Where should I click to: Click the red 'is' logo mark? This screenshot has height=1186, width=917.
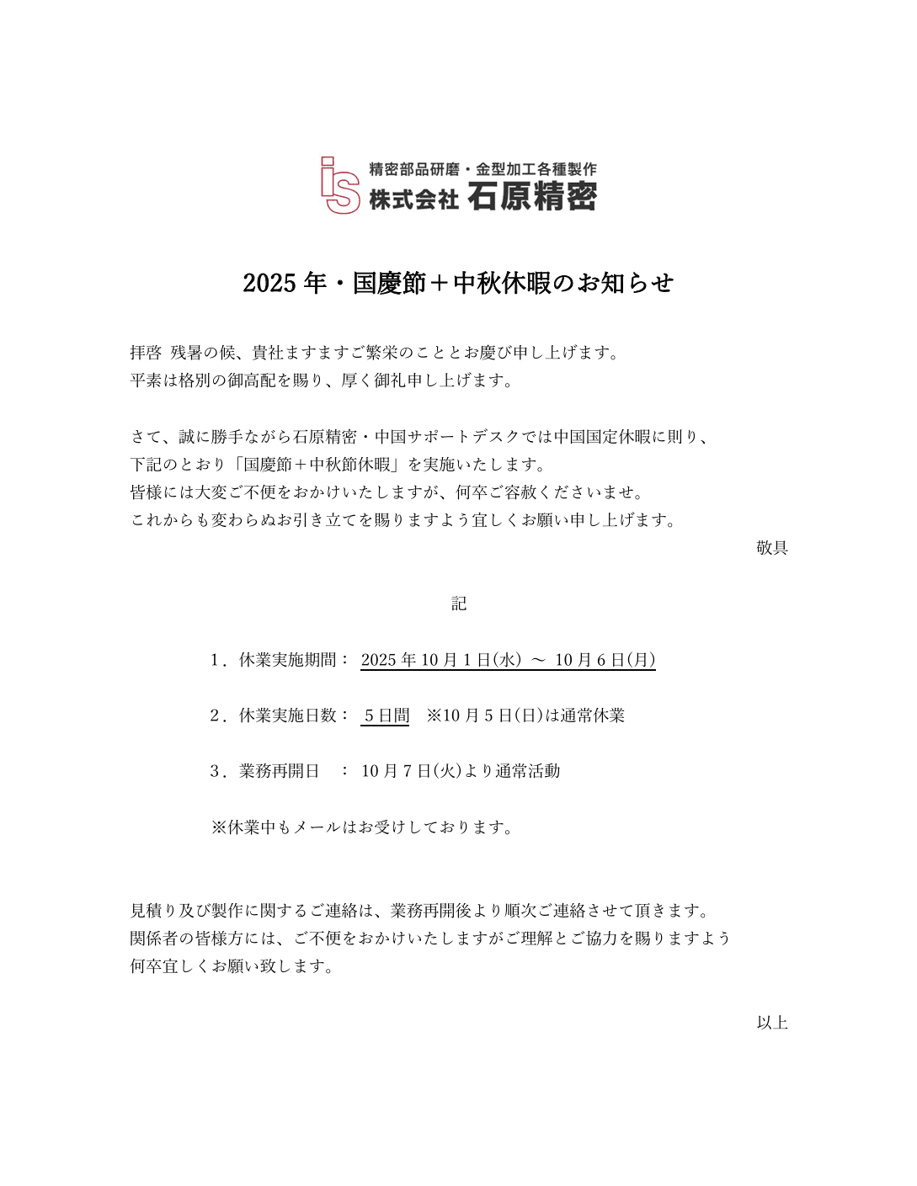tap(340, 185)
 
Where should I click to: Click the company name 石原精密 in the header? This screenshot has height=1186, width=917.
tap(532, 197)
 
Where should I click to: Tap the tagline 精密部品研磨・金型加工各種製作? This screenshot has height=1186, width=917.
tap(482, 169)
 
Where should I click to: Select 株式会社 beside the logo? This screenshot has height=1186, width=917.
tap(413, 199)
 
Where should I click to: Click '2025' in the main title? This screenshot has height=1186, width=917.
tap(269, 283)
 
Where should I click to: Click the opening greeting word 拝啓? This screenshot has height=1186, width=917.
tap(146, 353)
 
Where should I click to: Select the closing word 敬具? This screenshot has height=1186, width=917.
tap(771, 548)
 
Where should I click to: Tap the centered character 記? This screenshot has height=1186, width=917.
tap(458, 604)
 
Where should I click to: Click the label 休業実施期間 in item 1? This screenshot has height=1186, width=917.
tap(287, 660)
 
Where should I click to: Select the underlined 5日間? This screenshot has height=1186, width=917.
tap(386, 715)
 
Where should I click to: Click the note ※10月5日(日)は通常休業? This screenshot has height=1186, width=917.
tap(525, 715)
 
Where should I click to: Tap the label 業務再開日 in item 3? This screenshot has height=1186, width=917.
tap(279, 771)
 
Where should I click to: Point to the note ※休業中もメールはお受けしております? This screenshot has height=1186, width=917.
tap(362, 827)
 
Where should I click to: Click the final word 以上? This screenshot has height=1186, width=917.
tap(771, 1023)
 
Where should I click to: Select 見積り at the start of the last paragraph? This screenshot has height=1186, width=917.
tap(153, 911)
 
